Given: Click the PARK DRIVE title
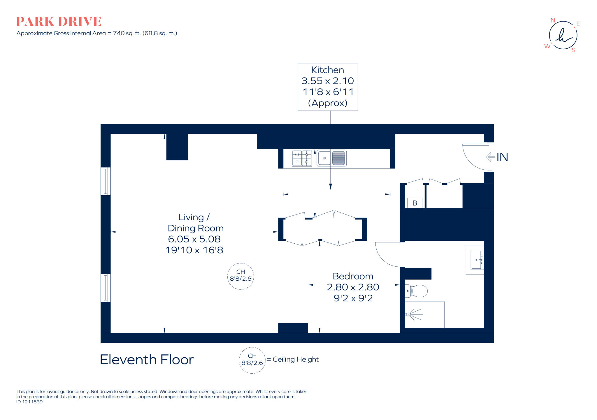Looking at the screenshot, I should coord(59,22).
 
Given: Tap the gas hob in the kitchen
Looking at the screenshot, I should coord(302,158).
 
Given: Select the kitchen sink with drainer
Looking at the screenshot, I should coord(332,158).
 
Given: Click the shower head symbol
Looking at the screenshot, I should coord(408,314).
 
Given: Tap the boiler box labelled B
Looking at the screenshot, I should coord(415,203).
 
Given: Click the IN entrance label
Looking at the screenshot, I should coord(502,157).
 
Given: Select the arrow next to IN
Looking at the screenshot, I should coord(490,157).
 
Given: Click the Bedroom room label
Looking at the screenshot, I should coord(353,276).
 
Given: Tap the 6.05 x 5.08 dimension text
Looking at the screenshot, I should coord(194,239).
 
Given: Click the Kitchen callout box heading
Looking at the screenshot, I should coord(327,70).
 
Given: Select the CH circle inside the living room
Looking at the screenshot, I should coord(240,276).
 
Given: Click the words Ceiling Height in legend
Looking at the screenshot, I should coord(295,359).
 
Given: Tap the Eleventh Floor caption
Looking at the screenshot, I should coord(147,360).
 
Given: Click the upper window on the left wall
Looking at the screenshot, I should coord(106,181).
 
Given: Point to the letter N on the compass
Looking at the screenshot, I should coord(553,20).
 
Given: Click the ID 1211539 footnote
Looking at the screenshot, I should coord(29,402).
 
